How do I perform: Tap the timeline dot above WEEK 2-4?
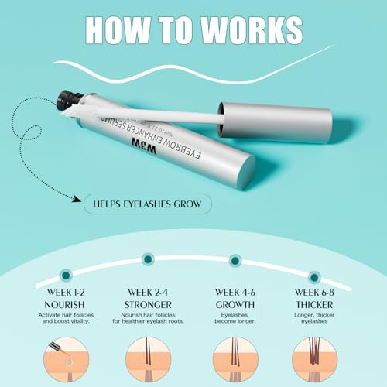point(148,259)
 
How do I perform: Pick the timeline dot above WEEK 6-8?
point(313,276)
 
